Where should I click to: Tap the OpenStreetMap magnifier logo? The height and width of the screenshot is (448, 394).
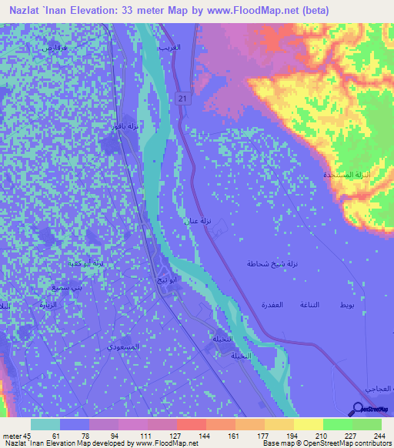point(359,409)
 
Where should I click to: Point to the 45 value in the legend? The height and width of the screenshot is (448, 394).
point(29,436)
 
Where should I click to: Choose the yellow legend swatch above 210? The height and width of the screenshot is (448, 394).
point(309,424)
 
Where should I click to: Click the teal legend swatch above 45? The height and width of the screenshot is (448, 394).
point(45,424)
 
